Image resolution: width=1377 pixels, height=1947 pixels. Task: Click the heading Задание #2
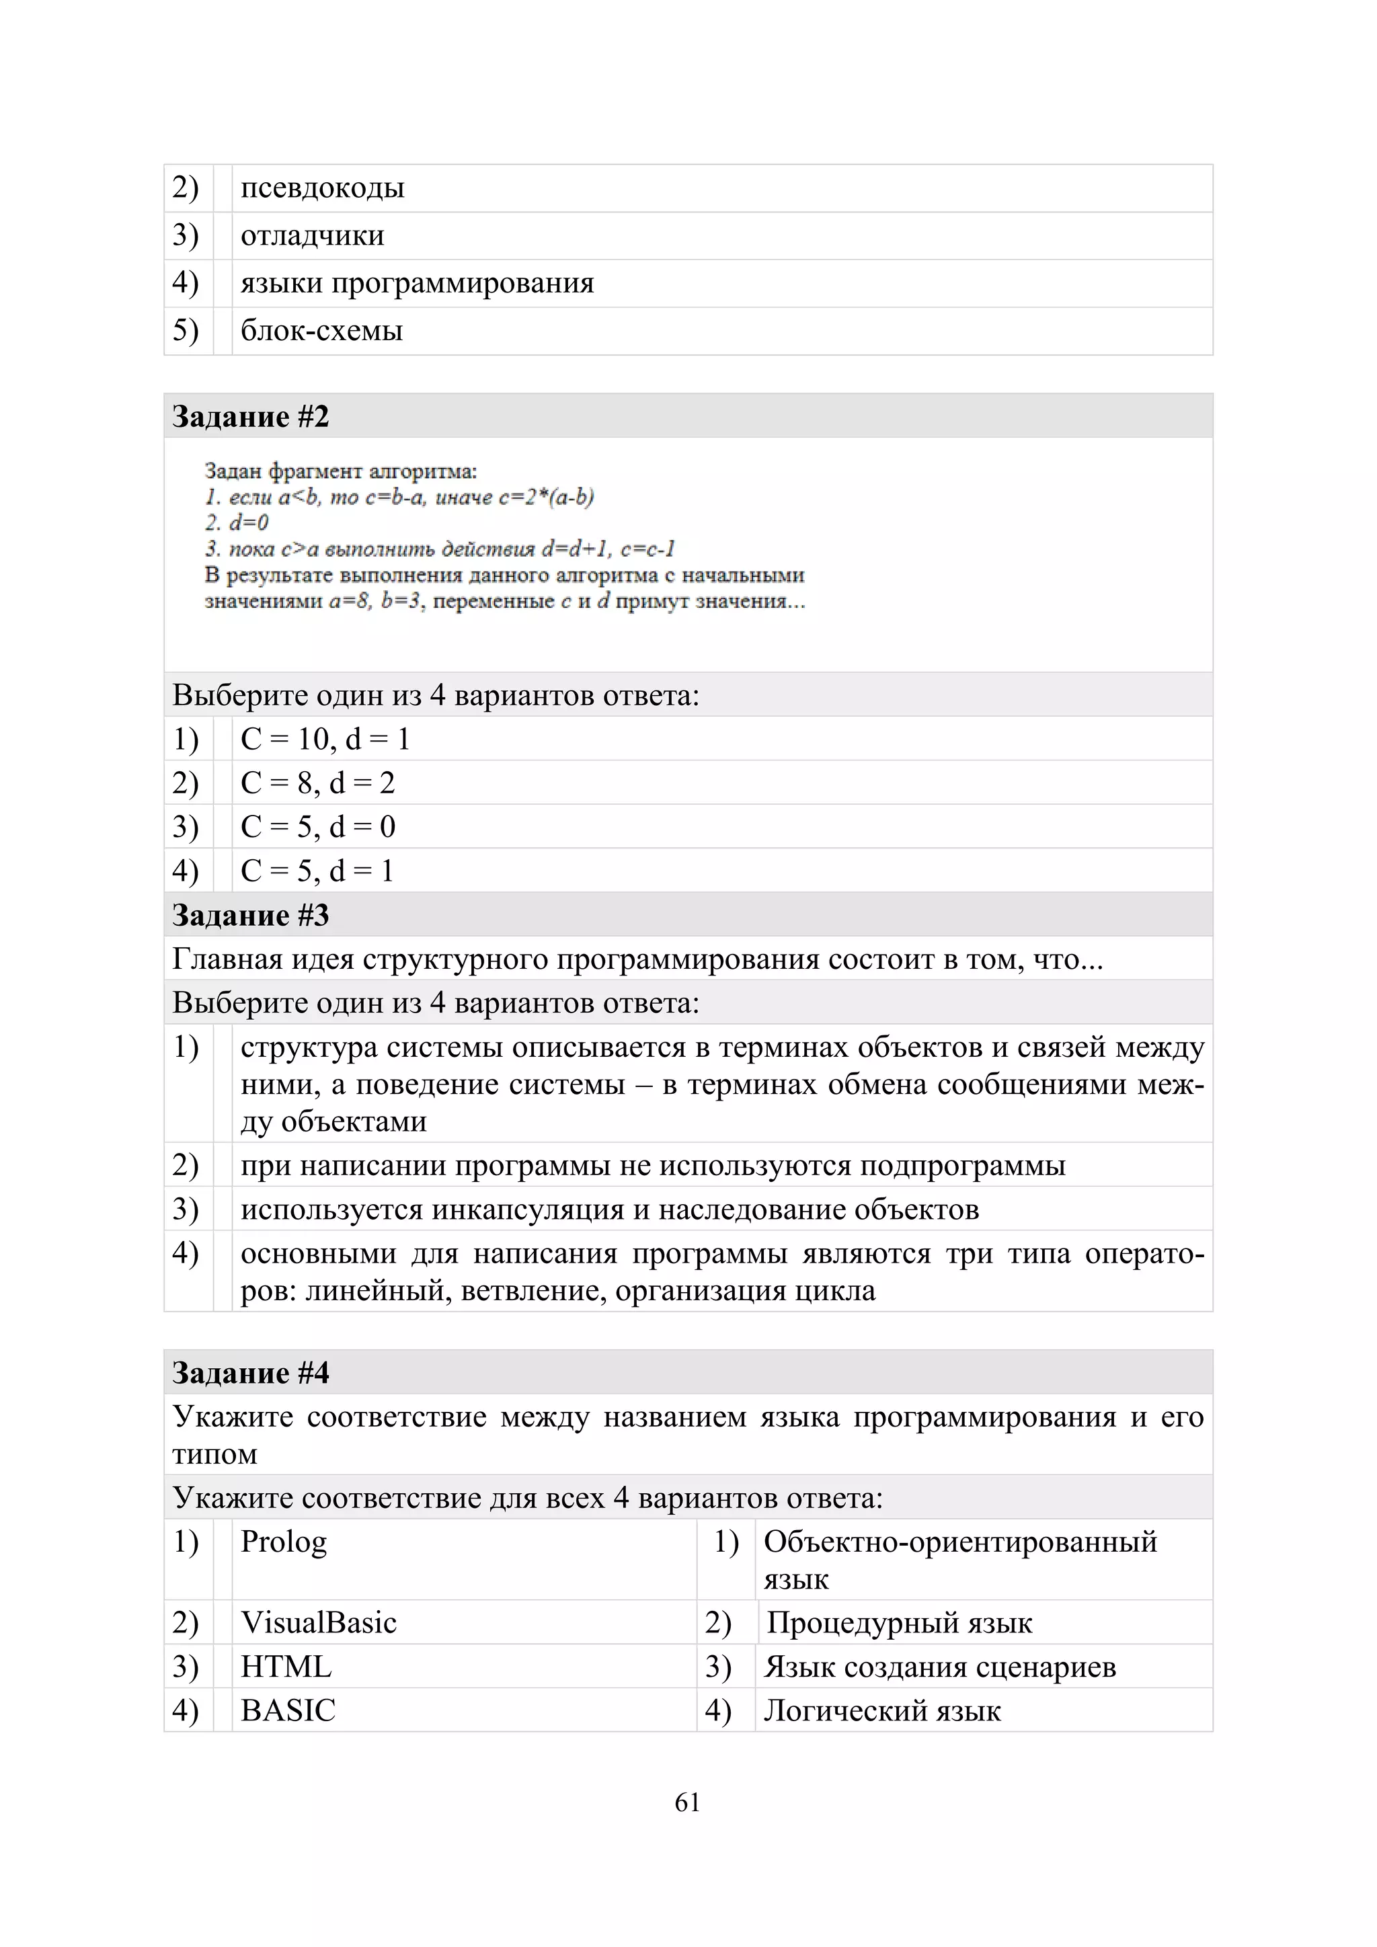tap(250, 416)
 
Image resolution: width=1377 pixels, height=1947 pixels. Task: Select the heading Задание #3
tap(250, 915)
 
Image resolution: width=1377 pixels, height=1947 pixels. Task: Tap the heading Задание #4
tap(250, 1373)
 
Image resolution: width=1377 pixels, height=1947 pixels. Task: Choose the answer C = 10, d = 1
tap(325, 739)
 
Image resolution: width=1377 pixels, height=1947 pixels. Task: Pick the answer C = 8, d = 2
tap(317, 783)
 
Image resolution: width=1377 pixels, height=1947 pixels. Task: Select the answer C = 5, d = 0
tap(317, 827)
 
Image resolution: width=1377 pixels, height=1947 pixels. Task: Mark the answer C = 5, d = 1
tap(317, 871)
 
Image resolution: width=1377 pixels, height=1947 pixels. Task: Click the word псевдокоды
tap(322, 188)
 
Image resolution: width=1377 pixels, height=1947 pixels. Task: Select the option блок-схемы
tap(321, 330)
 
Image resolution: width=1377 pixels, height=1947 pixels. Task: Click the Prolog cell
tap(283, 1542)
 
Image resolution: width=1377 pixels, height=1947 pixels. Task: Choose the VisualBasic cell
tap(318, 1622)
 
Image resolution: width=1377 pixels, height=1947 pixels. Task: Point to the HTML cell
tap(286, 1667)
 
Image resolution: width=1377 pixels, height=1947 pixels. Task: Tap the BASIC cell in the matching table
tap(288, 1710)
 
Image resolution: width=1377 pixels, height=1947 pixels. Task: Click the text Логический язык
tap(882, 1710)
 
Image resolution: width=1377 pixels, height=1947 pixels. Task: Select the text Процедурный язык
tap(899, 1622)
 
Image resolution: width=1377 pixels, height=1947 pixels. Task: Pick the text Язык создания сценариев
tap(939, 1667)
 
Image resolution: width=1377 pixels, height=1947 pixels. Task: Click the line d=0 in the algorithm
tap(237, 522)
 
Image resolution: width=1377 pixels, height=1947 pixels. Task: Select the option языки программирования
tap(417, 282)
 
